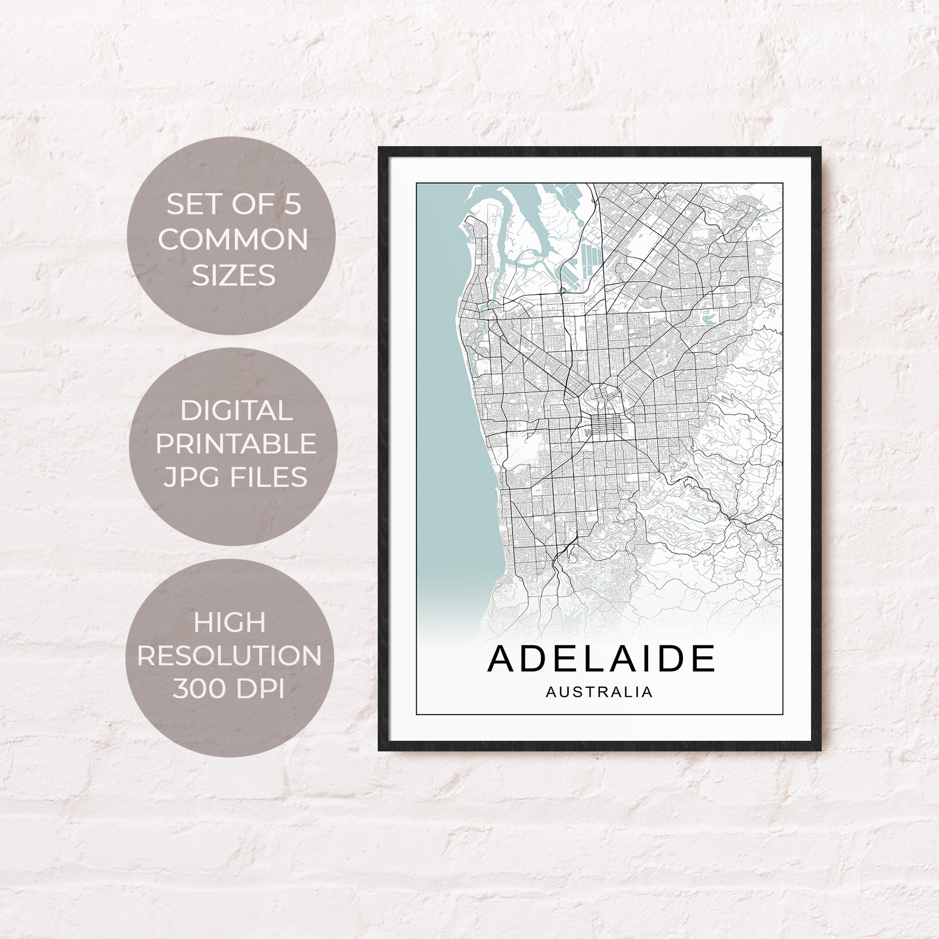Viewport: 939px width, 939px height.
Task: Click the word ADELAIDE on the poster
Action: tap(601, 658)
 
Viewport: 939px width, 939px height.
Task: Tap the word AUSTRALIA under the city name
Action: tap(599, 692)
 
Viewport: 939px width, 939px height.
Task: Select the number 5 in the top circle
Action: tap(292, 205)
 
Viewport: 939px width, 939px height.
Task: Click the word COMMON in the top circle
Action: tap(233, 239)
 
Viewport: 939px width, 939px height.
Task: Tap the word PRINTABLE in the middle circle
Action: tap(236, 443)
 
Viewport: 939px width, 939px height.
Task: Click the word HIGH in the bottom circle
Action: tap(230, 622)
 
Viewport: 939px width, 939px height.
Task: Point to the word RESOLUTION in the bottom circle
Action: tap(230, 655)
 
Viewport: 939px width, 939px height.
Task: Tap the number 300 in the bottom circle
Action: tap(199, 689)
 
